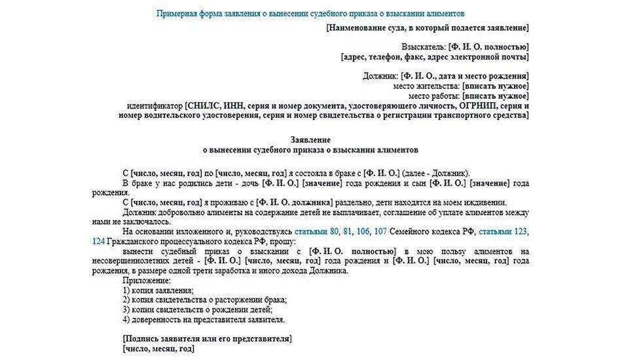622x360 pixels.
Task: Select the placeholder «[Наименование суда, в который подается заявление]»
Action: click(427, 27)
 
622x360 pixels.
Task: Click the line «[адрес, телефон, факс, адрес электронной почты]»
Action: click(435, 57)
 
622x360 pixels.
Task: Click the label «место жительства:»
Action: click(426, 86)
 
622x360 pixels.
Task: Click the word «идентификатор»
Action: click(154, 106)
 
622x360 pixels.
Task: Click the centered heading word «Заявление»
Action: click(310, 140)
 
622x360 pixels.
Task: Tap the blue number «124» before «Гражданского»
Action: click(100, 241)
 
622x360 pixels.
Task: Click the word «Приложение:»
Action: click(142, 280)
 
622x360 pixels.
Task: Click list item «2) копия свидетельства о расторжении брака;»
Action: click(204, 300)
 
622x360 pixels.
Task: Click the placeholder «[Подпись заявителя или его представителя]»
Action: click(207, 339)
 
